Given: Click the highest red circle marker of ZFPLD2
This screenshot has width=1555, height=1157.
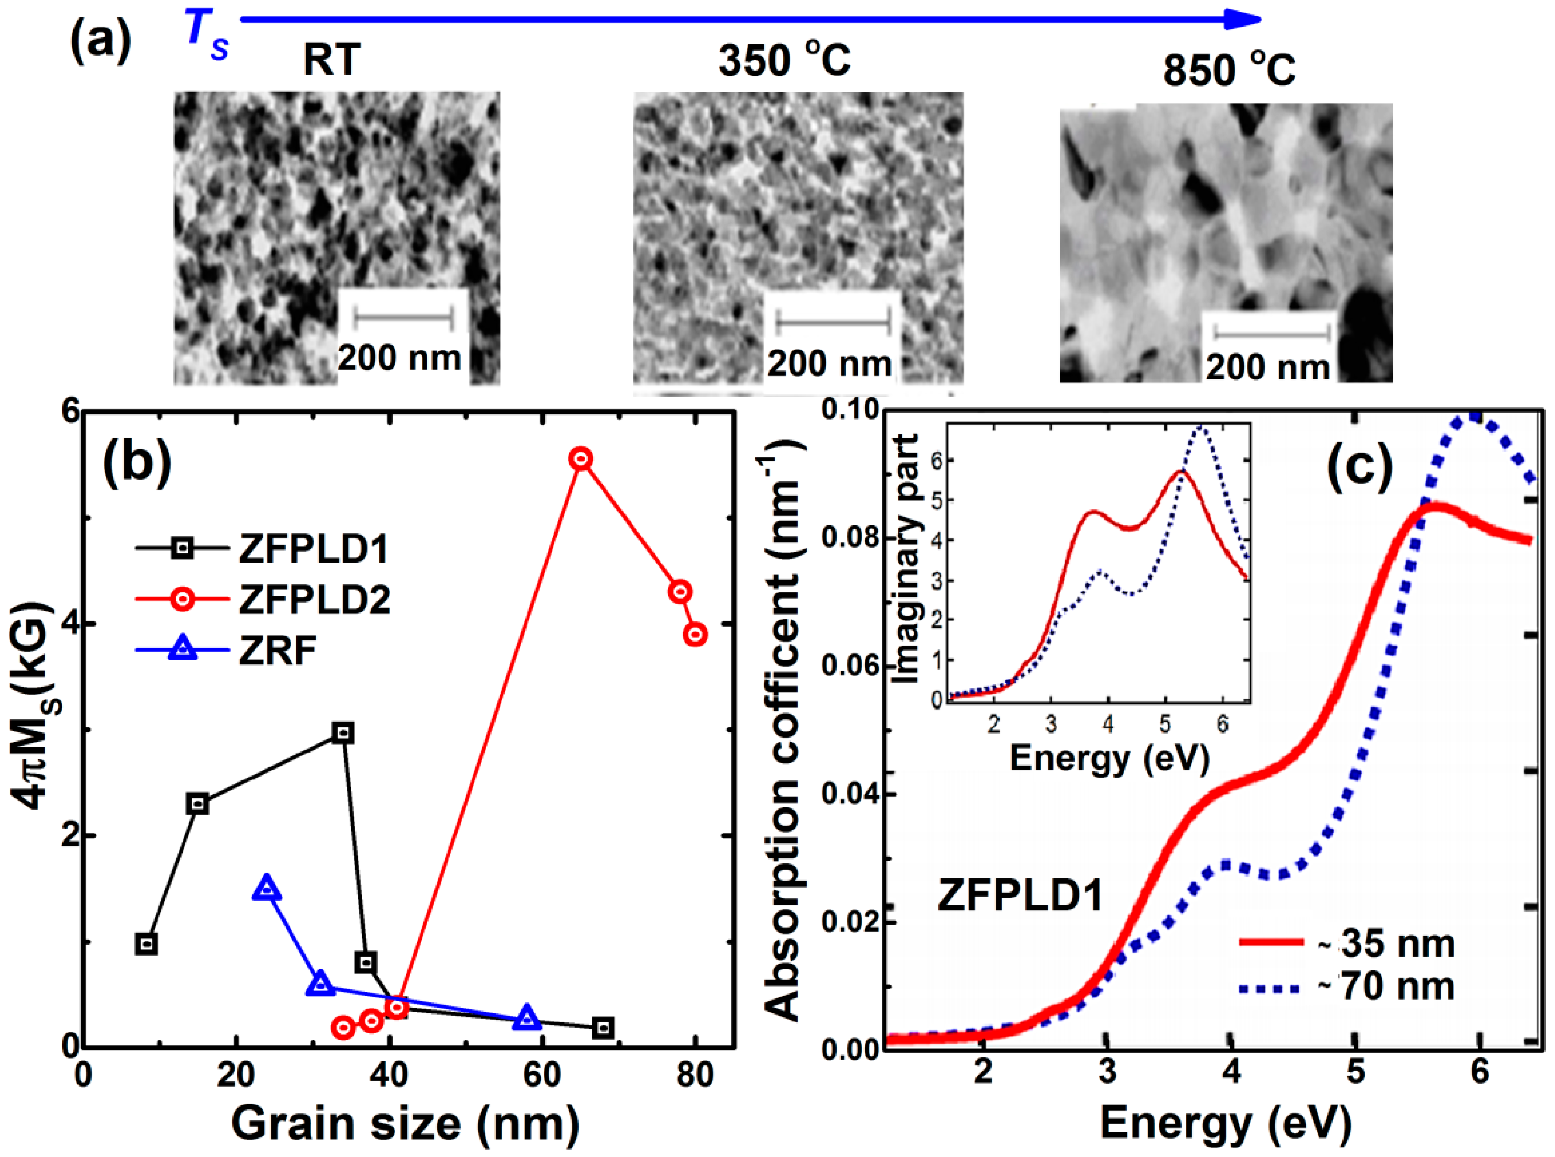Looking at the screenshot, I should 581,459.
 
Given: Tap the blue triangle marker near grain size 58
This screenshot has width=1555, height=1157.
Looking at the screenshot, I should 527,1019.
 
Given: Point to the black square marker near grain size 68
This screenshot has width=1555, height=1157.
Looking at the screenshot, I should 604,1028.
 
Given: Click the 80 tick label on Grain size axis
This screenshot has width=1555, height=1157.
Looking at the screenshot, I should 695,1075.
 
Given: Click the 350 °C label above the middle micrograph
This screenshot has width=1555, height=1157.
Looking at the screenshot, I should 785,59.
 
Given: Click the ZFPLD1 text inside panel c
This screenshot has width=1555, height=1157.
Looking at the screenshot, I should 1020,895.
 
